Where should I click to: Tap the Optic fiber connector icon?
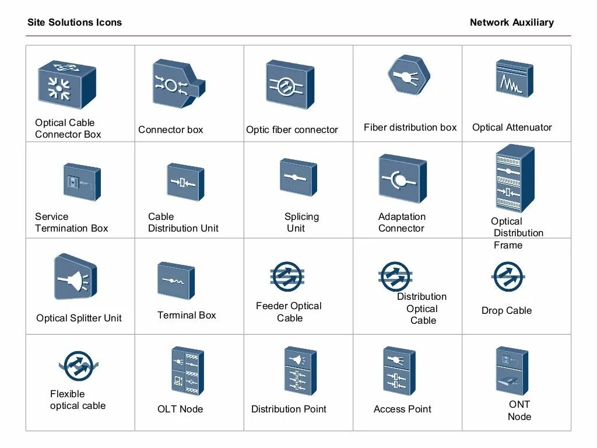[x=289, y=85]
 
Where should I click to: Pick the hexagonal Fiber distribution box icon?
[x=409, y=76]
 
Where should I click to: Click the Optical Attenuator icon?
[x=514, y=79]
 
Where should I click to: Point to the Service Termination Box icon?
[x=81, y=182]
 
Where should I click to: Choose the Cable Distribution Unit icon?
[x=185, y=182]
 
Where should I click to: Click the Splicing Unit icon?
[x=298, y=177]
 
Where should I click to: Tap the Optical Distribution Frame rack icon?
[x=514, y=178]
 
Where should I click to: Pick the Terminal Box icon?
[x=175, y=281]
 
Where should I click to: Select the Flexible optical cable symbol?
[x=78, y=366]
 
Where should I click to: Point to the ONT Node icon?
[x=511, y=370]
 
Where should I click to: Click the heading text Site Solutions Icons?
[x=75, y=23]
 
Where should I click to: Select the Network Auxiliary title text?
[x=511, y=23]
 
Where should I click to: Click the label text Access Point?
[x=402, y=409]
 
